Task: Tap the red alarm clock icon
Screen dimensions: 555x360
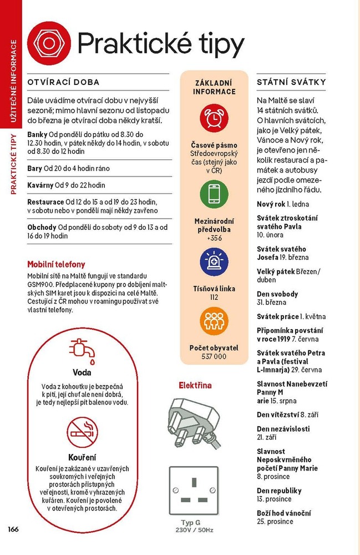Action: coord(214,118)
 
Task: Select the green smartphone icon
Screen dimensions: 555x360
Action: coord(214,194)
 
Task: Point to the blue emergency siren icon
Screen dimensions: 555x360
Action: coord(214,262)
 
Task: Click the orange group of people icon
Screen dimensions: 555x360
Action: coord(214,321)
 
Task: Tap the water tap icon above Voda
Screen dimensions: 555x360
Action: coord(82,348)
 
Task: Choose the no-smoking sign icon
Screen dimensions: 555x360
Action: coord(82,432)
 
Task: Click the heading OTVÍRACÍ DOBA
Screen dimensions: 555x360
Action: coord(63,82)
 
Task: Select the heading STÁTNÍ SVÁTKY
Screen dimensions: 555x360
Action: coord(291,82)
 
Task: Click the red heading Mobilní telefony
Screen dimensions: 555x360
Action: coord(56,264)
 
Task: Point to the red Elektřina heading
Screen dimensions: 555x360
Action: coord(195,385)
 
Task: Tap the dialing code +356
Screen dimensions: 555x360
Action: coord(214,238)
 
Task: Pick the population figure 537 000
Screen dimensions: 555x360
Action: coord(214,356)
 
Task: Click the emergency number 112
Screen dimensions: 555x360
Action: coord(214,297)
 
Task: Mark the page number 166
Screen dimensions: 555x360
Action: coord(13,528)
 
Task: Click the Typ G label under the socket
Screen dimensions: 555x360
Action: coord(191,523)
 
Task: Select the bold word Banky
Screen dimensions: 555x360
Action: coord(37,134)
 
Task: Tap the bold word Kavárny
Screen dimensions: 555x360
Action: coord(40,185)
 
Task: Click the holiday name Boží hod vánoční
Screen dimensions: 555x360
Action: coord(283,513)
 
